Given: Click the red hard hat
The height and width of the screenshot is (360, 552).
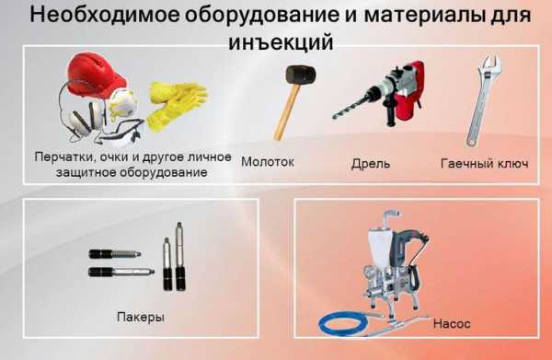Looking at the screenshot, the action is [95, 74].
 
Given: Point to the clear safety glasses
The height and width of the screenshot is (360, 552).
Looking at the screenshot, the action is [121, 134].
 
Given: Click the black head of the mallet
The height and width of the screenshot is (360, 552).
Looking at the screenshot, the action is [300, 75].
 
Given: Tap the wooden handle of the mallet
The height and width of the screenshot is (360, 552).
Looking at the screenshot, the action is [286, 111].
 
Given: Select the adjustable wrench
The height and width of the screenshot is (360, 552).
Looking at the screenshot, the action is [481, 100].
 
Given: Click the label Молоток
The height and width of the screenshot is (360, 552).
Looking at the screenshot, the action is [268, 162].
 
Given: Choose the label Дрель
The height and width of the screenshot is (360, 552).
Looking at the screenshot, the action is [371, 164].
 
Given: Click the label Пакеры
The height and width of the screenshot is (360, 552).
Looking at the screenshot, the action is [141, 317].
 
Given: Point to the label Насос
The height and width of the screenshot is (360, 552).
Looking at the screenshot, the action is [452, 323].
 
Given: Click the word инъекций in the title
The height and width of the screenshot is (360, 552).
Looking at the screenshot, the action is [281, 42].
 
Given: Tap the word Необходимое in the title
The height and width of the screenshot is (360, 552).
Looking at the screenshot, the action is [105, 15].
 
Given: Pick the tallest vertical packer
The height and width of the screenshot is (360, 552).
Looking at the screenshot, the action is [180, 256].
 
